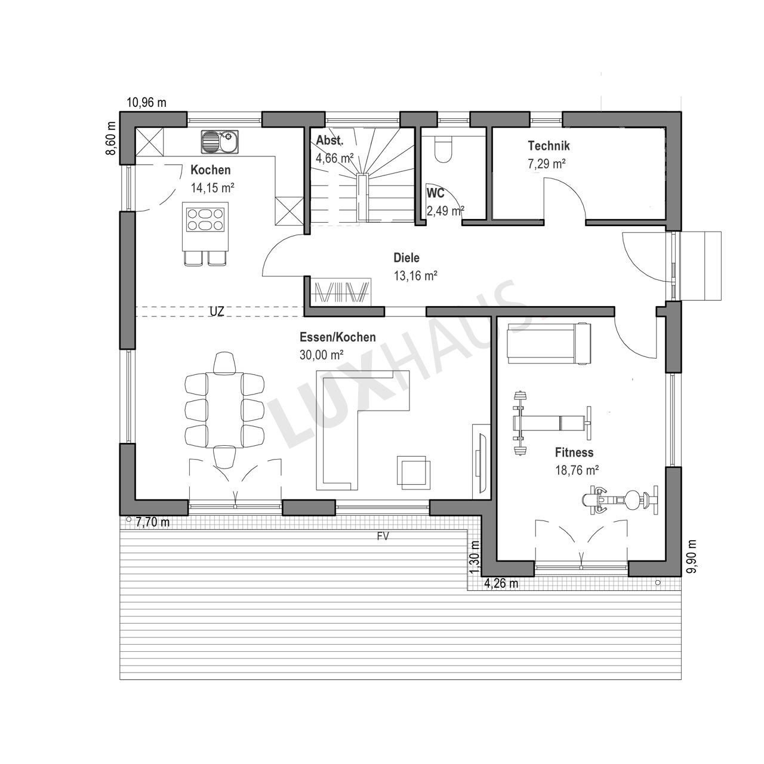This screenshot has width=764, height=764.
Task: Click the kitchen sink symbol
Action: click(x=220, y=141)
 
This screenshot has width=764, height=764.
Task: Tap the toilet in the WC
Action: click(x=443, y=149)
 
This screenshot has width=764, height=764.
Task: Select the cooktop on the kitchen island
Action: click(x=205, y=219)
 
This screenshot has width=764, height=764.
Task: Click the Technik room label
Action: click(x=549, y=146)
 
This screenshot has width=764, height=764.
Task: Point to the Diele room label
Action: click(x=406, y=258)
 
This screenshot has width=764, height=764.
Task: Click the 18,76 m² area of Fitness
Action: click(x=577, y=470)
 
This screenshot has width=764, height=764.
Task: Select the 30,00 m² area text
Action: click(x=322, y=355)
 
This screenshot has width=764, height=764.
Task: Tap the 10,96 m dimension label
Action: click(x=146, y=103)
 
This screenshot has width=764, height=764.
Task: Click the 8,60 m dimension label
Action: click(x=112, y=138)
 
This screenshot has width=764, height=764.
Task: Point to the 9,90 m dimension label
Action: click(x=692, y=556)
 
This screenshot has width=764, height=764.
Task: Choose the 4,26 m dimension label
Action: click(x=501, y=583)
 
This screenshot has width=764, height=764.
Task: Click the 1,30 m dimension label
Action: click(x=475, y=558)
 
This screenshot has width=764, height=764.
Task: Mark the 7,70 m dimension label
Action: click(x=153, y=522)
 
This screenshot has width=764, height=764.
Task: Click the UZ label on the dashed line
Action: click(x=217, y=311)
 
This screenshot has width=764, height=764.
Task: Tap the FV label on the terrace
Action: click(x=383, y=536)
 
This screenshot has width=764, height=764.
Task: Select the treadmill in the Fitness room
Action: click(x=549, y=343)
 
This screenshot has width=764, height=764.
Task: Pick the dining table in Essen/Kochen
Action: click(x=224, y=410)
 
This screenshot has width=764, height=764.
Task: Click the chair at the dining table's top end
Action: click(x=224, y=362)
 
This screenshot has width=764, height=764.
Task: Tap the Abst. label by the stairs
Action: click(x=330, y=140)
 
